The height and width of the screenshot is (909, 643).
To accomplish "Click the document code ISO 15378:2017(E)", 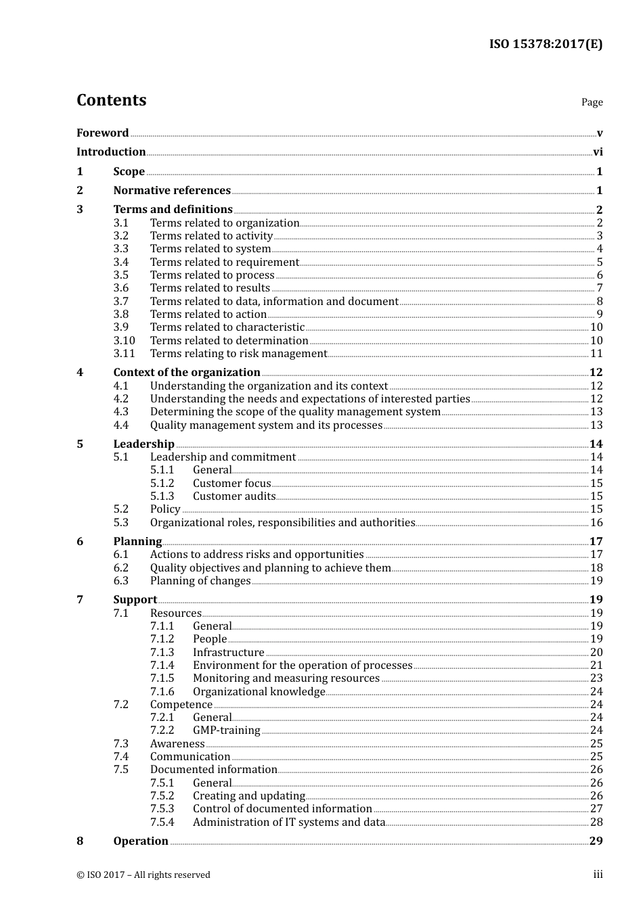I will (x=546, y=44).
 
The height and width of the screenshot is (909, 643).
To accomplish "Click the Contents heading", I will (x=111, y=100).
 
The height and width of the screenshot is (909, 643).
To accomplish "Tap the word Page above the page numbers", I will (x=592, y=102).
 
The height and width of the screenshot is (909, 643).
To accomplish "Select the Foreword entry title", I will (x=102, y=133).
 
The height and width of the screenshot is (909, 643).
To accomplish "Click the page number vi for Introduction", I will (x=598, y=152).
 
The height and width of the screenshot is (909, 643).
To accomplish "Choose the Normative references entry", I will (x=172, y=191).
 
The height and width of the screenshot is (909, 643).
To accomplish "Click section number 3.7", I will (x=121, y=302).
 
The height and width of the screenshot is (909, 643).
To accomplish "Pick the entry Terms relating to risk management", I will (x=238, y=354).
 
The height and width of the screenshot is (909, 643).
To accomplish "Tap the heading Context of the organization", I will (x=187, y=373).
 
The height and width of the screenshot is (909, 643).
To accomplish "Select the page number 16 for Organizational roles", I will (x=596, y=523).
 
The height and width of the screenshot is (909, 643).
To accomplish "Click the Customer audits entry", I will (x=234, y=496).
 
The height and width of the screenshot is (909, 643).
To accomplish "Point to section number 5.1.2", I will (x=162, y=484).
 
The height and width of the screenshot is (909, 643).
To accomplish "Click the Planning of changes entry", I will (x=200, y=581).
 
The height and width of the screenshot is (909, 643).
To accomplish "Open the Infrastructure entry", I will (x=228, y=653).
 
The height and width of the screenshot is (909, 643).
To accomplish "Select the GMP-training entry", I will (x=226, y=730).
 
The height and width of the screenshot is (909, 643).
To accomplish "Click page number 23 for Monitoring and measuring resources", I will (x=596, y=678).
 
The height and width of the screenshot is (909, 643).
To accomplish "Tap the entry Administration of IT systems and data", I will (x=289, y=822).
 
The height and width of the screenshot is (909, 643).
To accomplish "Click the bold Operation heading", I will (x=141, y=841).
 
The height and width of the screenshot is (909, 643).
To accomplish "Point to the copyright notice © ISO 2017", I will (x=143, y=875).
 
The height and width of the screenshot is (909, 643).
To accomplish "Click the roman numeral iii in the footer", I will (x=598, y=875).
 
